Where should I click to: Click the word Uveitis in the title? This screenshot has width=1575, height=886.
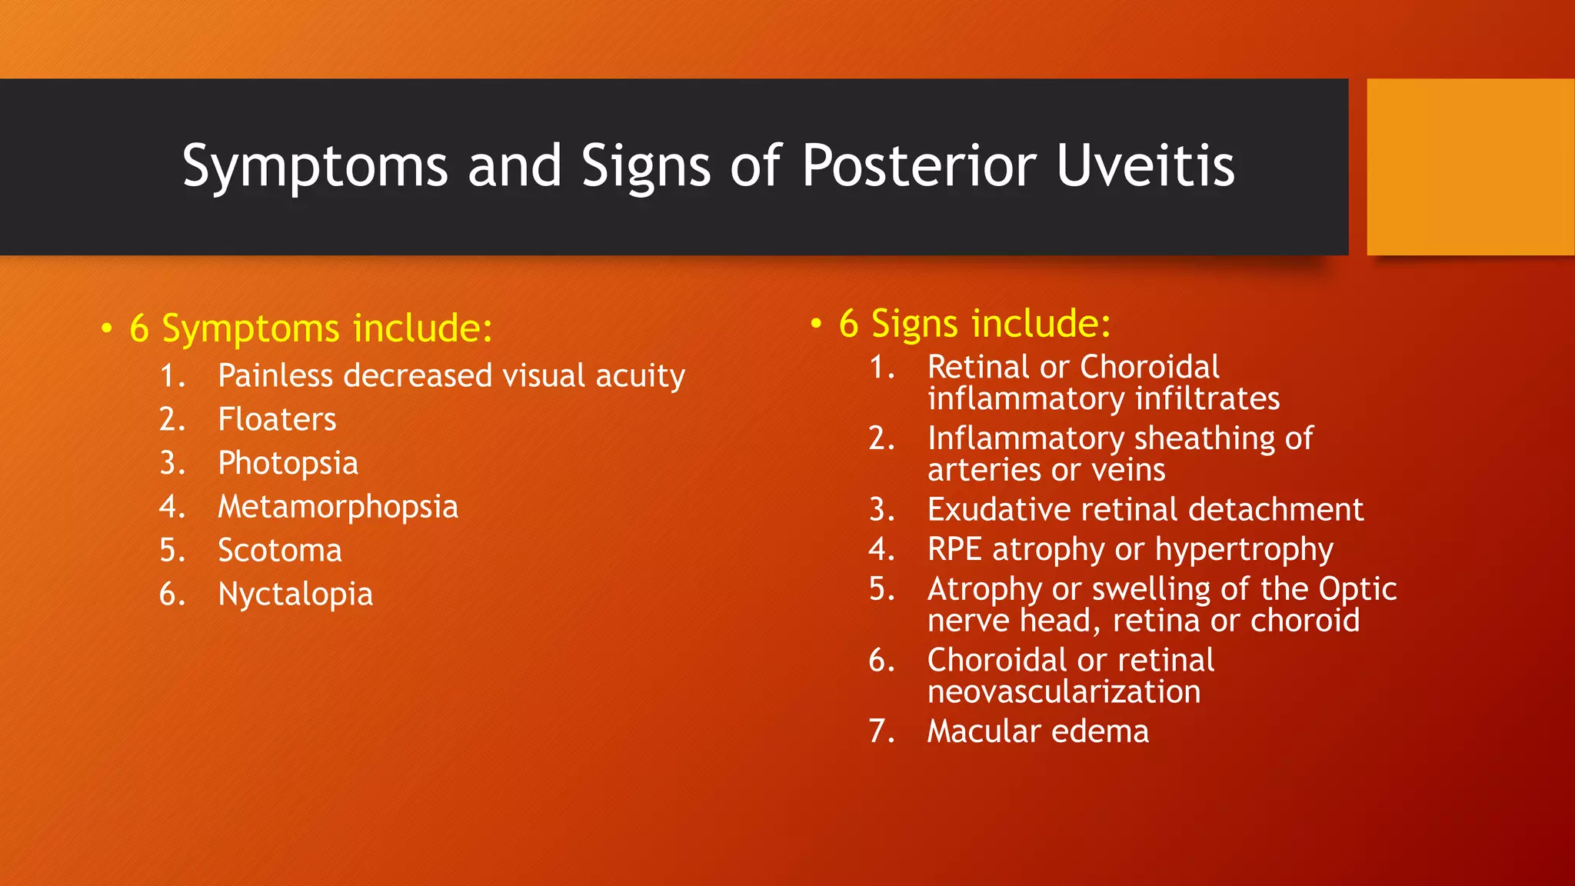tap(1145, 166)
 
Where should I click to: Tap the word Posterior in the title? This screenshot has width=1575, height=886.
tap(919, 166)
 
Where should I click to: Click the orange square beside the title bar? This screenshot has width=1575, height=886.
tap(1470, 167)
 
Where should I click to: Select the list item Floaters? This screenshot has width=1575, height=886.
tap(277, 420)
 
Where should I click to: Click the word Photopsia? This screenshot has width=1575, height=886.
tap(288, 464)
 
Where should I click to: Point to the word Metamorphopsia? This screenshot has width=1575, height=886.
tap(338, 508)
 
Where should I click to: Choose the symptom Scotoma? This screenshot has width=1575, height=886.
tap(279, 551)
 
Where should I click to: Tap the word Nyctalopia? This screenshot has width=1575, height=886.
tap(295, 595)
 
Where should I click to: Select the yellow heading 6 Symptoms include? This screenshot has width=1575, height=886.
tap(311, 328)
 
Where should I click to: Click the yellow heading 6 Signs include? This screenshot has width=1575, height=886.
tap(974, 323)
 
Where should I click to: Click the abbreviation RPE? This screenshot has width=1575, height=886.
tap(954, 550)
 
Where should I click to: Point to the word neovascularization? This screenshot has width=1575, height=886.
tap(1064, 692)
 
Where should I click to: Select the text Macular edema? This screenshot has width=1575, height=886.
tap(1037, 731)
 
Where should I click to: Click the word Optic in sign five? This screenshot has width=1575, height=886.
tap(1357, 589)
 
